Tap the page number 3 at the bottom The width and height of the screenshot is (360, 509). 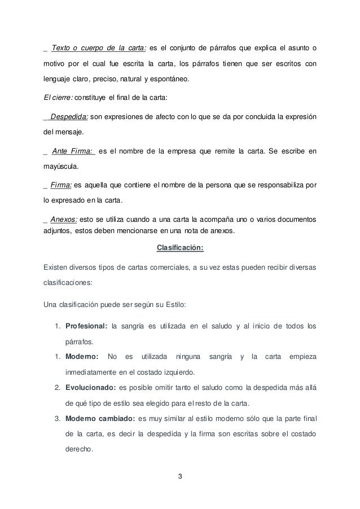180,479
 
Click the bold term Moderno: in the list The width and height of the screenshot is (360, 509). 82,356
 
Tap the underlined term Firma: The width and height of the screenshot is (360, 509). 61,184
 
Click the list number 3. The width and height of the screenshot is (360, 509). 58,418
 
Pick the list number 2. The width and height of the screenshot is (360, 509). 58,387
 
